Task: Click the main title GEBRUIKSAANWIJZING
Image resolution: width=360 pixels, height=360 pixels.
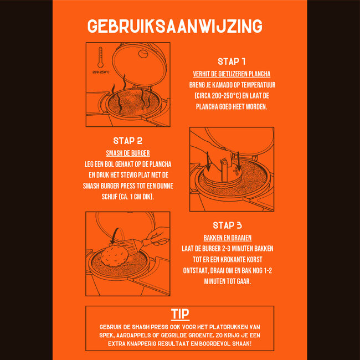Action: pyautogui.click(x=174, y=26)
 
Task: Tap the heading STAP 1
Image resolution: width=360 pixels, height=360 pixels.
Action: pyautogui.click(x=232, y=61)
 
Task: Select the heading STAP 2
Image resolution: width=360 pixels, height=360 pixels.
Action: pyautogui.click(x=128, y=141)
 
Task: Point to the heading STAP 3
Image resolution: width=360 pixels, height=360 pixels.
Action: pyautogui.click(x=227, y=225)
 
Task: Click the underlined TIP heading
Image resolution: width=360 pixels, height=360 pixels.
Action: pyautogui.click(x=180, y=314)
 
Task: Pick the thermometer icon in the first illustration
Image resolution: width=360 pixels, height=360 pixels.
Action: pyautogui.click(x=100, y=58)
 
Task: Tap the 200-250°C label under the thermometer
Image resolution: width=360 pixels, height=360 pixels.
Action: pyautogui.click(x=101, y=72)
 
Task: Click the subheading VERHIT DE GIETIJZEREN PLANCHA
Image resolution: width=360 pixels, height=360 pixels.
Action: pyautogui.click(x=232, y=74)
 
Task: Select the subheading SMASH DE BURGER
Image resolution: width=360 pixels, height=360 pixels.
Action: pyautogui.click(x=128, y=153)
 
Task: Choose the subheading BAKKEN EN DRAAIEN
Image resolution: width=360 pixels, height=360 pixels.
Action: pyautogui.click(x=228, y=238)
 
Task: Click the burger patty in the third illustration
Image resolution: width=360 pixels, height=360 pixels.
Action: pyautogui.click(x=114, y=256)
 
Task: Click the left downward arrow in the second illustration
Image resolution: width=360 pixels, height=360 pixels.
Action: pyautogui.click(x=208, y=161)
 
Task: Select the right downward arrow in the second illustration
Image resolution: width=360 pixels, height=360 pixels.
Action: pyautogui.click(x=239, y=161)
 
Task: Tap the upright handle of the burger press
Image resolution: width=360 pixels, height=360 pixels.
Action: pyautogui.click(x=224, y=171)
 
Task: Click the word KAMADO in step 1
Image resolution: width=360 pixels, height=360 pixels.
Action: pyautogui.click(x=222, y=85)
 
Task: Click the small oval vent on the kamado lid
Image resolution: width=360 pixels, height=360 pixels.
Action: pyautogui.click(x=143, y=54)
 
